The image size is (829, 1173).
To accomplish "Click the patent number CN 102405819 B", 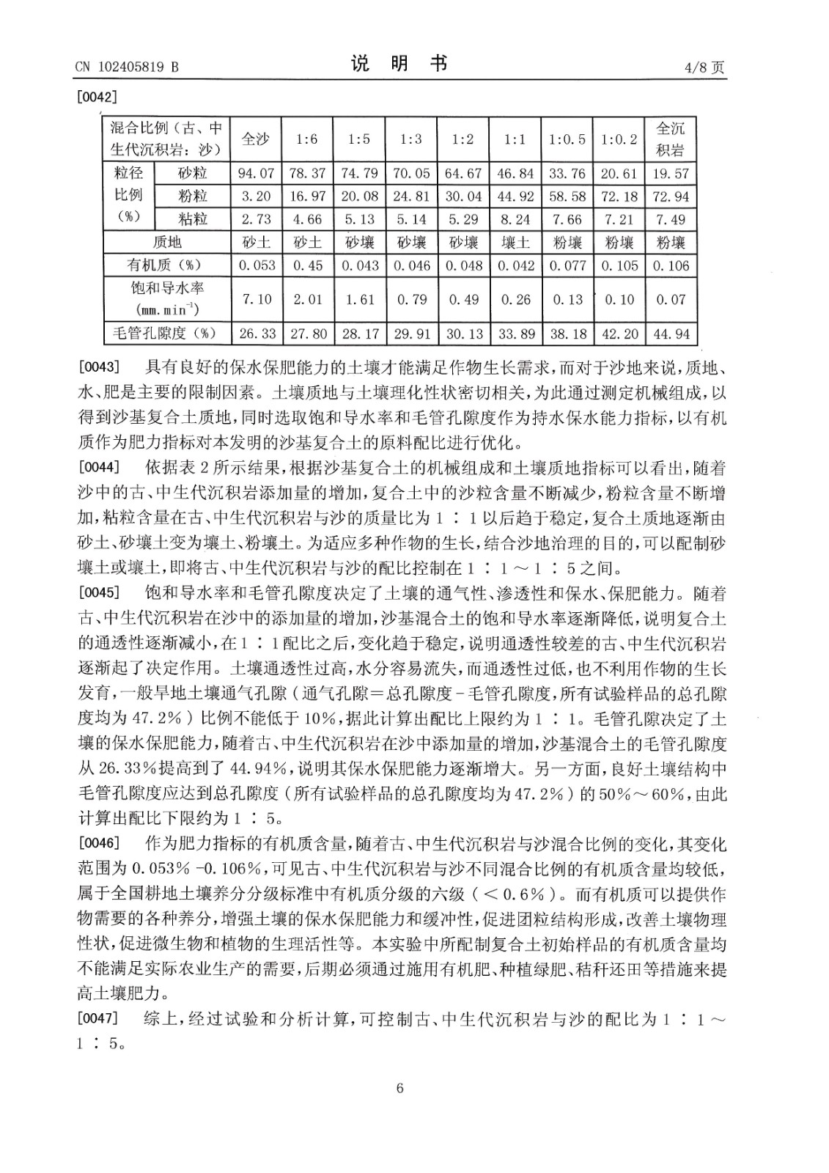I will point(126,67).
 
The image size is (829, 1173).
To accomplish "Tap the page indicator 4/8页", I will point(704,67).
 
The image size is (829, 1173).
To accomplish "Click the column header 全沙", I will point(256,139).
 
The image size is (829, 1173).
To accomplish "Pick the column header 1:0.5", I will point(567,139).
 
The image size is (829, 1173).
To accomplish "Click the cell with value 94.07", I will point(256,174).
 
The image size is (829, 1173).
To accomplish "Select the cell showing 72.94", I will point(671,196).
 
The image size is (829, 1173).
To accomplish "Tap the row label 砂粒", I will point(193,174).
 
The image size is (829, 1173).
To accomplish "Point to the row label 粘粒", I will point(193,219).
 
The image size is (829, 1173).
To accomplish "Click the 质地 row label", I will point(167,243).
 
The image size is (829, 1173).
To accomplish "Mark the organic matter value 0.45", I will point(308,265).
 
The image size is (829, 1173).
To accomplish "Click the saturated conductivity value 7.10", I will point(256,299).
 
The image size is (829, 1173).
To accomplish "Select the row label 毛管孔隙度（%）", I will point(167,333).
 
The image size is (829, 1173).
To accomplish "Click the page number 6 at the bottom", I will point(399,1088).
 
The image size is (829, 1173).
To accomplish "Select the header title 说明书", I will point(399,65).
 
